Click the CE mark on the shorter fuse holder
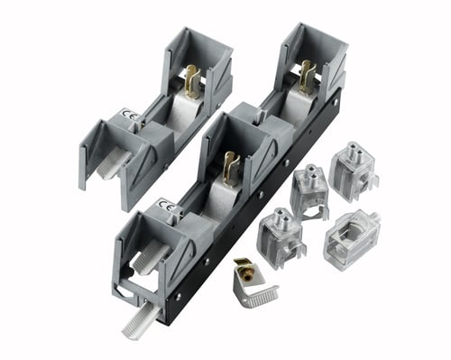point(125,114)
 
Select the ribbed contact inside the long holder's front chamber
point(151,255)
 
